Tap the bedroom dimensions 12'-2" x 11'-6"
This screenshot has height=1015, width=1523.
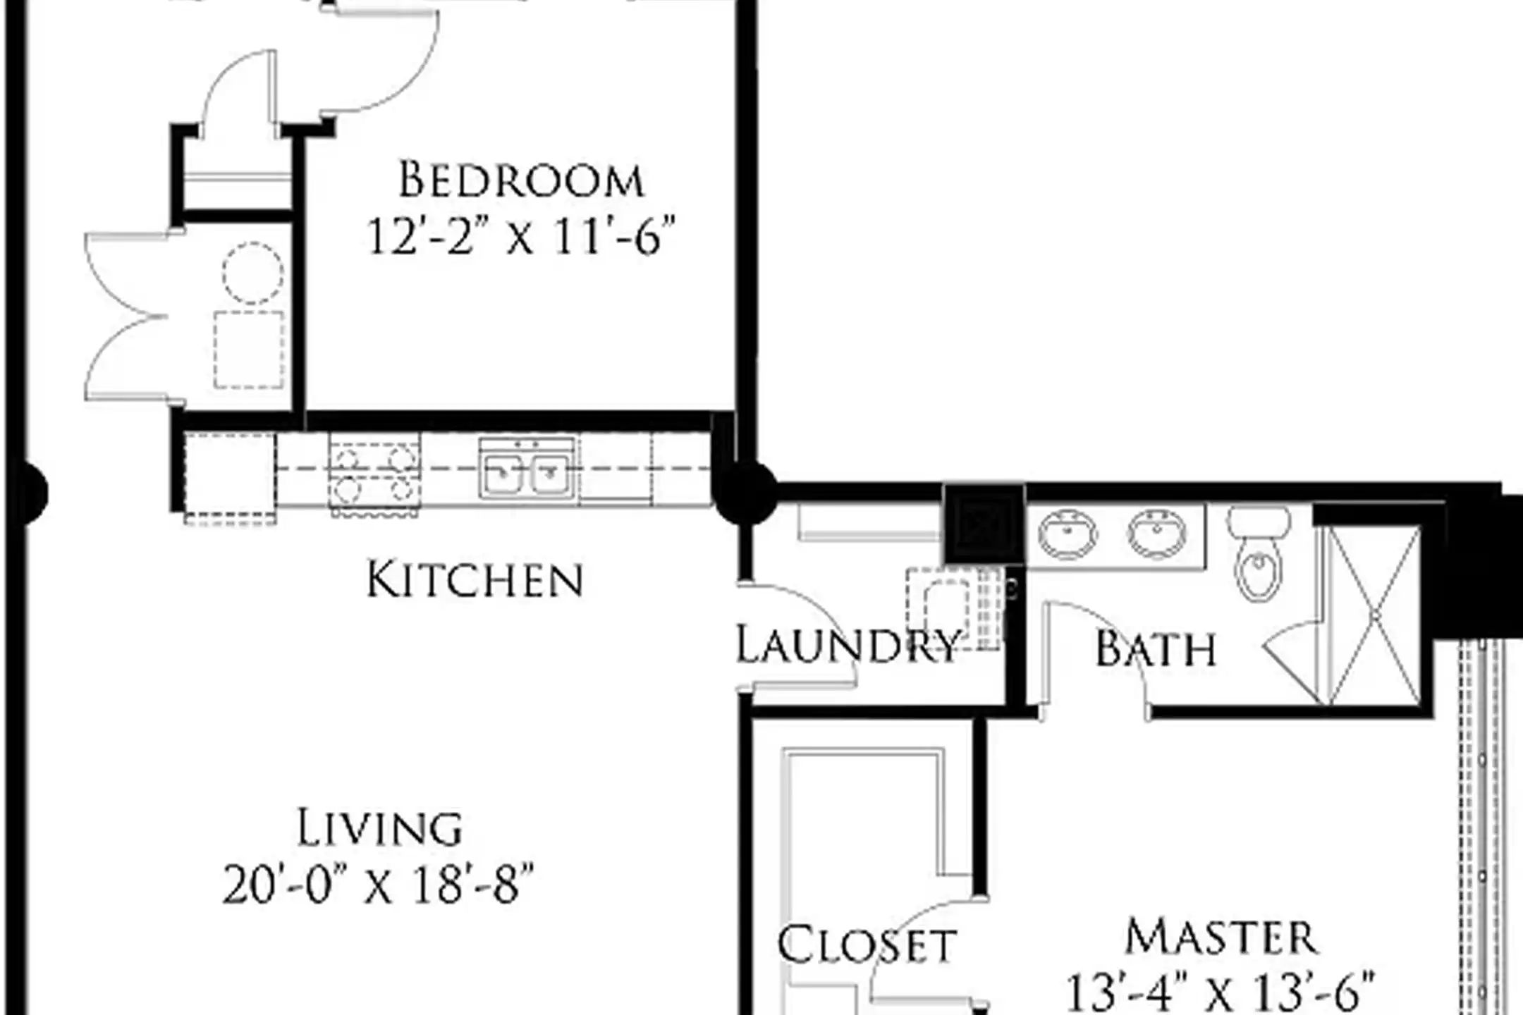tap(521, 236)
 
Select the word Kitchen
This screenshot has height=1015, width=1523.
tap(475, 580)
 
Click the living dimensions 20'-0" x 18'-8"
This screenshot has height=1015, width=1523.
tap(379, 885)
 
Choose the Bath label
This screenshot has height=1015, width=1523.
tap(1156, 648)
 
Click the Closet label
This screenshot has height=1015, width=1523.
tap(867, 945)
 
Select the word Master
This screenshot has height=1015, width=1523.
tap(1221, 937)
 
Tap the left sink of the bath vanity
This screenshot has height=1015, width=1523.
tap(1068, 533)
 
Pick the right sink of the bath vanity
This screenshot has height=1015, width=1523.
tap(1157, 533)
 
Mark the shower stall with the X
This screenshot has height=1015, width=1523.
tap(1374, 615)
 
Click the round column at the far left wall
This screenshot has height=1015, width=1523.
tap(30, 492)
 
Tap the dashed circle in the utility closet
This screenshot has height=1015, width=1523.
tap(253, 273)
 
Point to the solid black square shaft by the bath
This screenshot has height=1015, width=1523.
tap(984, 523)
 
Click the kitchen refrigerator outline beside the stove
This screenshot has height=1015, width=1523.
tap(230, 478)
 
